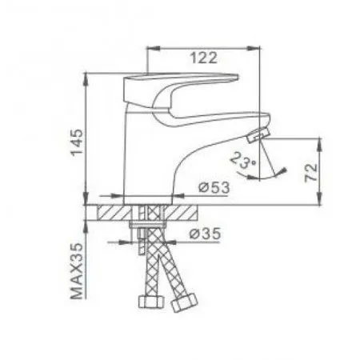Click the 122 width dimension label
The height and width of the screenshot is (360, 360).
tap(205, 57)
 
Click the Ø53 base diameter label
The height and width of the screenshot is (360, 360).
tap(211, 187)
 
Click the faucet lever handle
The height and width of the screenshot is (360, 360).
tap(192, 86)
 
